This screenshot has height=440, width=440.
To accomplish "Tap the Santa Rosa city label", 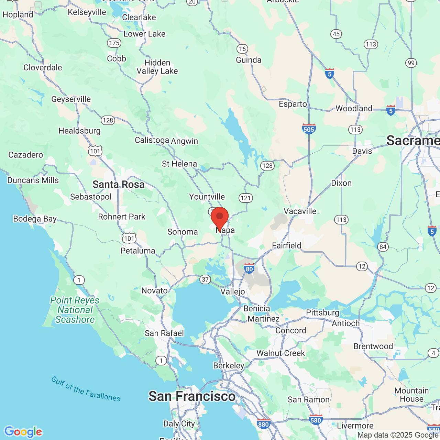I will [x=118, y=185].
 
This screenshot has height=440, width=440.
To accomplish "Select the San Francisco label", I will [x=192, y=396].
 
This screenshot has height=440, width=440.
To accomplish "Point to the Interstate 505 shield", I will [x=309, y=129].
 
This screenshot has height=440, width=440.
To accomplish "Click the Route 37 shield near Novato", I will [x=205, y=279].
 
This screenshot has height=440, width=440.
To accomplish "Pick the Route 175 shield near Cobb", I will [x=114, y=43].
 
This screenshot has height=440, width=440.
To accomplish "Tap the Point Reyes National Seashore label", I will [x=75, y=310].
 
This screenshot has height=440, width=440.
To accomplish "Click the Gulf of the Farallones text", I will [x=86, y=389].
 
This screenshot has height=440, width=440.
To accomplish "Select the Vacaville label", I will [x=300, y=211].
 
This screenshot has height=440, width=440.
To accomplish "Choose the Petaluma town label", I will [x=137, y=251].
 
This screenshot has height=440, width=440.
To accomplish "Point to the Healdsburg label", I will [x=79, y=131].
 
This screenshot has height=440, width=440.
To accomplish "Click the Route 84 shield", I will [x=383, y=246].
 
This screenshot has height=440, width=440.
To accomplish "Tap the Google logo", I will [x=23, y=432].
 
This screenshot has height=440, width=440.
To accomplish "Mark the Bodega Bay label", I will [x=35, y=219].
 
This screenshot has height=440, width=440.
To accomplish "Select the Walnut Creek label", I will [x=280, y=353].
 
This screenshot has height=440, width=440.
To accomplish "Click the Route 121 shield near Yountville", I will [x=245, y=198].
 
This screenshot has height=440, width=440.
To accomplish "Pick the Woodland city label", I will [x=354, y=109].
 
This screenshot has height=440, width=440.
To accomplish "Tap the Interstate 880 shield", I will [x=263, y=424].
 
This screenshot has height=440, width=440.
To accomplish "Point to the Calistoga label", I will [x=152, y=140].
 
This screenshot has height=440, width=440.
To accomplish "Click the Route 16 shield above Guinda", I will [x=242, y=49].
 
